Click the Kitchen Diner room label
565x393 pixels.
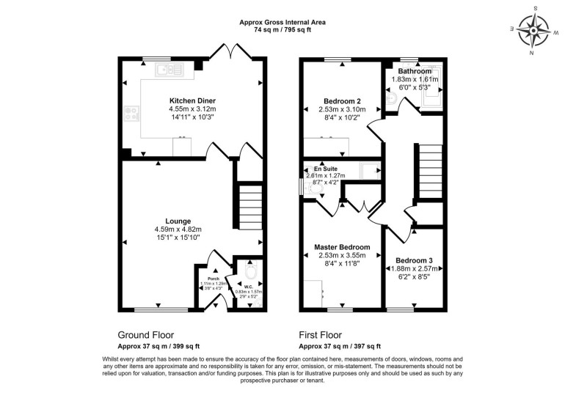(192, 100)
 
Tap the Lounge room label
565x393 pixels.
(178, 221)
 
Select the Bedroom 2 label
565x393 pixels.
(343, 100)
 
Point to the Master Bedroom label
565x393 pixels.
(342, 247)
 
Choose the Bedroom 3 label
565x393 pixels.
(414, 260)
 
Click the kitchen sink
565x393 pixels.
(169, 70)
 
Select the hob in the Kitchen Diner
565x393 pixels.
(134, 113)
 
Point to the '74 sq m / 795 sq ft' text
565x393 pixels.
(282, 32)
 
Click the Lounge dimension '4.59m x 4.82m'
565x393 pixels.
(178, 229)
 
